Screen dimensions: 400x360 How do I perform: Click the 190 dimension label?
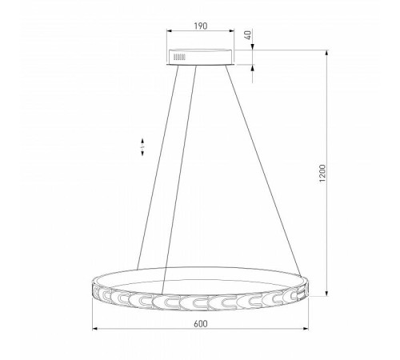(200, 26)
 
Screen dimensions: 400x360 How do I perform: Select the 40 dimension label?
(248, 35)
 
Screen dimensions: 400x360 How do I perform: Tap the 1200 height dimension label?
(322, 174)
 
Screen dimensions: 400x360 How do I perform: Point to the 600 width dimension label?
(200, 324)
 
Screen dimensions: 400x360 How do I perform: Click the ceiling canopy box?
(200, 57)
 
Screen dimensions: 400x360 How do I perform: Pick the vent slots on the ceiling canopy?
(179, 57)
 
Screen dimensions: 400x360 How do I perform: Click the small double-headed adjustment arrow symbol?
(142, 147)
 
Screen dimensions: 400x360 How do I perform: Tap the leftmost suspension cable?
(158, 167)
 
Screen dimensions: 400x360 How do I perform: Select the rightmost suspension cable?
(263, 171)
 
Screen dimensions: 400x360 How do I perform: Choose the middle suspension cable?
(179, 180)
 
